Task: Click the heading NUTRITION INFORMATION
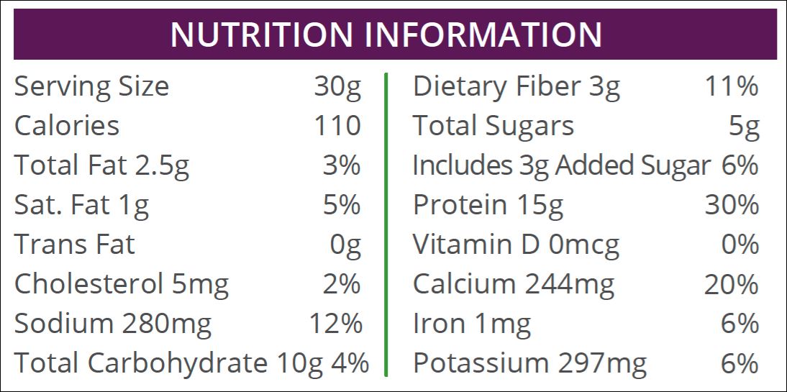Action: point(386,35)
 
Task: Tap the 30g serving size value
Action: point(337,87)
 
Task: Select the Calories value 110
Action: point(337,126)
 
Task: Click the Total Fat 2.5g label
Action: point(101,166)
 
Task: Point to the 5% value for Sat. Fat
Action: point(341,206)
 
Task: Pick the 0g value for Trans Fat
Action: point(345,245)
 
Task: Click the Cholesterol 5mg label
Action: point(121,285)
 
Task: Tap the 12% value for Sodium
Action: point(335,324)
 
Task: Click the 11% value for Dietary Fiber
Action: point(731,87)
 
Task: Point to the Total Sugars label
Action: point(493,126)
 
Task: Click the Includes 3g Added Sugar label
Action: point(561,166)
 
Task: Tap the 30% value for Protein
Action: point(731,206)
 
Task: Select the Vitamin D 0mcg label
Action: point(515,245)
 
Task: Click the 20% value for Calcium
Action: point(731,285)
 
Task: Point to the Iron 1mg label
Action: point(471,324)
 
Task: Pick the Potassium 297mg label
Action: point(529,363)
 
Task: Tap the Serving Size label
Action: point(91,87)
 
